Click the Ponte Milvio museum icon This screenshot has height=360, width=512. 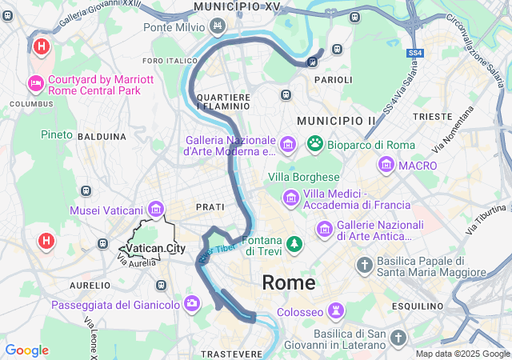point(217,27)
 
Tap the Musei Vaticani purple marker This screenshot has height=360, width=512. point(155,210)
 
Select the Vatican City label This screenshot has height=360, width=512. point(155,249)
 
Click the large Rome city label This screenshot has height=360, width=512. point(289,282)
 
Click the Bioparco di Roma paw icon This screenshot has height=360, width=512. point(315,145)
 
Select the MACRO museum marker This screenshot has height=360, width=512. point(386,166)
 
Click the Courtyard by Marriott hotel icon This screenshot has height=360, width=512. point(36,83)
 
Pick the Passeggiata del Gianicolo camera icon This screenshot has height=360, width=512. point(192,303)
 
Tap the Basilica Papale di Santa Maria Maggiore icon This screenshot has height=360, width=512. point(365,265)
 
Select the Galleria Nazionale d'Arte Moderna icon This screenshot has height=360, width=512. point(289,145)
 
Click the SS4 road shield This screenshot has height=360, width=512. point(414,54)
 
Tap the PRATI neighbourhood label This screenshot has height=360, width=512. point(210,206)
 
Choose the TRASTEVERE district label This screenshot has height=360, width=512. point(232,354)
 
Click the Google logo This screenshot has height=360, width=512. point(26,350)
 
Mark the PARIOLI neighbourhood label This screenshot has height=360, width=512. point(333,80)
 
